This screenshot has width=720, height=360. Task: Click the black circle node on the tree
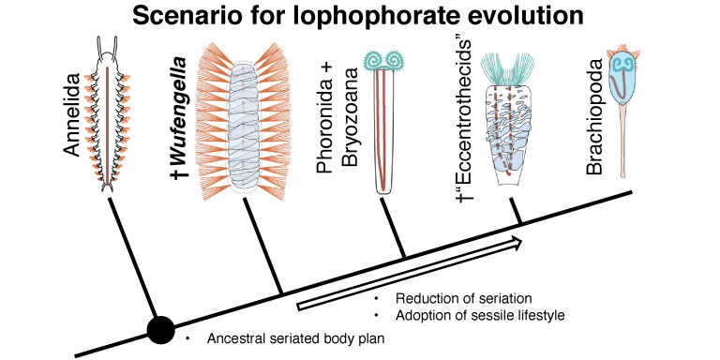[x=160, y=329]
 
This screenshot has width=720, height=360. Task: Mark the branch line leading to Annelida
[x=131, y=258]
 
